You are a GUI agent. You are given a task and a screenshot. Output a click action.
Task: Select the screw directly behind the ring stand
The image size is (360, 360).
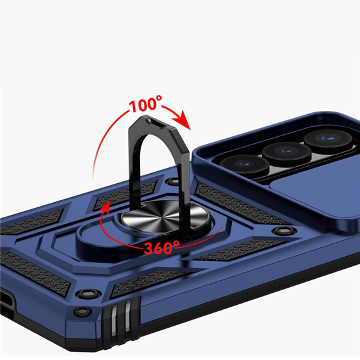pyautogui.click(x=171, y=183)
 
